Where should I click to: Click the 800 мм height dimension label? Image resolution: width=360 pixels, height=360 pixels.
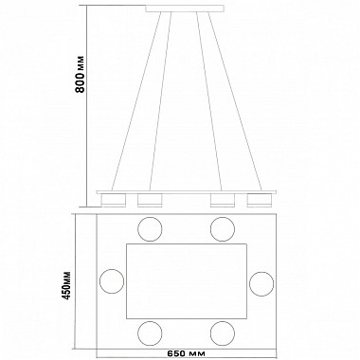[81, 75]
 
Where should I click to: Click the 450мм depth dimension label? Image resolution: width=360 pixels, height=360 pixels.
[67, 285]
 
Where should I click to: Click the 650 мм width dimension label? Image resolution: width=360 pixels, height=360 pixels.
[186, 352]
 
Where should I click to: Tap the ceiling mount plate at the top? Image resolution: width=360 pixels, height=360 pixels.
[185, 9]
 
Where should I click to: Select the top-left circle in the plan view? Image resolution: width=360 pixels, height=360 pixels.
[150, 229]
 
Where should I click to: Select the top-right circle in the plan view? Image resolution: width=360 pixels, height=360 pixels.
[223, 229]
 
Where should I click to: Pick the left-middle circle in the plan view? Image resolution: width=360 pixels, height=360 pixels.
[112, 281]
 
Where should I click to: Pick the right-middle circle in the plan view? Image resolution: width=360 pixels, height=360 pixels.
[261, 283]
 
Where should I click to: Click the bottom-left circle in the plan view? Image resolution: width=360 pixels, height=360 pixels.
[150, 333]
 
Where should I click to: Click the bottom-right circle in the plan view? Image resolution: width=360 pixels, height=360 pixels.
[223, 333]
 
